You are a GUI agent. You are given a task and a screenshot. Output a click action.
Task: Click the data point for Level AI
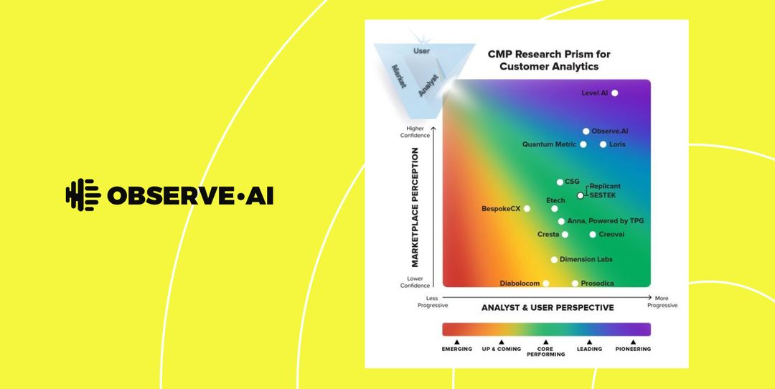click(614, 93)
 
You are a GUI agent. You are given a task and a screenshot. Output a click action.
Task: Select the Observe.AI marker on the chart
click(586, 131)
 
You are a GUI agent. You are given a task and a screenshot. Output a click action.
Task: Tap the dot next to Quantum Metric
click(583, 144)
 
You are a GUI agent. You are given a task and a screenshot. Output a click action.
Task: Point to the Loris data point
click(603, 144)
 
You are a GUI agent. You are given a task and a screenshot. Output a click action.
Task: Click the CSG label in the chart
click(572, 182)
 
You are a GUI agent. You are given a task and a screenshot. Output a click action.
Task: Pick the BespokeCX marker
click(527, 209)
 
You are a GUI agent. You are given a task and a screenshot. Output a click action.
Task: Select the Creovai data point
click(593, 235)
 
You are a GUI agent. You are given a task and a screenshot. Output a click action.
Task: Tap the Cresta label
click(548, 235)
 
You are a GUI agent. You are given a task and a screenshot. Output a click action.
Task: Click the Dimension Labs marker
click(554, 260)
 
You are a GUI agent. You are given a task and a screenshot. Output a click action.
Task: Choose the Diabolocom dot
click(546, 283)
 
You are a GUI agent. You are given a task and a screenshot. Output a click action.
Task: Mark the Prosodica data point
click(575, 283)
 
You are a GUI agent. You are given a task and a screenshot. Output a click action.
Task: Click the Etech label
click(555, 200)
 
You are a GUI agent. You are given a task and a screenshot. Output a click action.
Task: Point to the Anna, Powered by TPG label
click(605, 221)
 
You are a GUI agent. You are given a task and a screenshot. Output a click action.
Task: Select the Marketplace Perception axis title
click(415, 207)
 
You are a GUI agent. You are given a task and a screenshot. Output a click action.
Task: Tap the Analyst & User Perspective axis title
click(548, 307)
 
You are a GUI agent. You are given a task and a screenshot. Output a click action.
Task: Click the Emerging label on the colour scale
click(456, 349)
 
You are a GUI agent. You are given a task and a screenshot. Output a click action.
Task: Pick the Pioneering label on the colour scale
click(633, 349)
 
